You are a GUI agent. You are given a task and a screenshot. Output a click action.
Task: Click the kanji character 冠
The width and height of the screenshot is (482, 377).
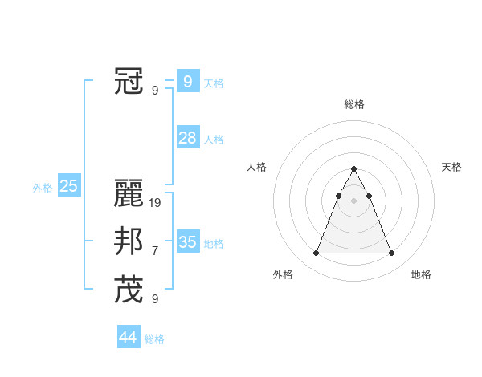(x=129, y=81)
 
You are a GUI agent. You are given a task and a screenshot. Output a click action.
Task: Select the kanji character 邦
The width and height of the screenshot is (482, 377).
(x=129, y=241)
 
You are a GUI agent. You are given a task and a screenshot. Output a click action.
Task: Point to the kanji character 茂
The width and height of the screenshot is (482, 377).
(x=129, y=290)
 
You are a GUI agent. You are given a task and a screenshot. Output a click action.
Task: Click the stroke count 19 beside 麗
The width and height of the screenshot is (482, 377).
(x=155, y=203)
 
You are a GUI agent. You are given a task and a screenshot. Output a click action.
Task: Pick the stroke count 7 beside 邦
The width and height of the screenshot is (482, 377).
(x=155, y=251)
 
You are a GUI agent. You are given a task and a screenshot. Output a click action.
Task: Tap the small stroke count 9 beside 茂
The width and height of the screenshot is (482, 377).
(x=155, y=299)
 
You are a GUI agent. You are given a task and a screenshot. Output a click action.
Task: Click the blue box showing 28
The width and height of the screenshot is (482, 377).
(x=187, y=138)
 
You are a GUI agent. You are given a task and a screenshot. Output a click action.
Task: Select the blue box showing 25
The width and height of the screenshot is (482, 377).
(x=68, y=187)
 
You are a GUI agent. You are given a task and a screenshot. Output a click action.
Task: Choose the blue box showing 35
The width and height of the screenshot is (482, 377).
(x=187, y=242)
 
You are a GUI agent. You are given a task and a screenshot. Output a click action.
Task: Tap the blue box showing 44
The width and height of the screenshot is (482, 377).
(x=128, y=338)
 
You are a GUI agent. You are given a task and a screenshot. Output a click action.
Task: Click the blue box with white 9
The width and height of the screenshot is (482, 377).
(x=187, y=81)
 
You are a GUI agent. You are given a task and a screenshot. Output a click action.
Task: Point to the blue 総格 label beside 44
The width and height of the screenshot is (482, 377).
(x=154, y=339)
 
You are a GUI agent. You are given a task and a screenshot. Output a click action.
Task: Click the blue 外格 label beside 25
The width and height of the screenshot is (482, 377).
(x=43, y=188)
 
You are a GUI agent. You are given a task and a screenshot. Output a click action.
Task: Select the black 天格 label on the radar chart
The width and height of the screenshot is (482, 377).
(x=451, y=167)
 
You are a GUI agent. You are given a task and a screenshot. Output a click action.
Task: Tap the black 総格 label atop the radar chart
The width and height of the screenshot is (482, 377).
(x=353, y=104)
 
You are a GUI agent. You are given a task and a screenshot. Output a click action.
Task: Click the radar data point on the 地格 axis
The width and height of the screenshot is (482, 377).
(x=391, y=253)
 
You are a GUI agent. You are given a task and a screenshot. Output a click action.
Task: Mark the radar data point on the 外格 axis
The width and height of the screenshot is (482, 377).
(x=316, y=253)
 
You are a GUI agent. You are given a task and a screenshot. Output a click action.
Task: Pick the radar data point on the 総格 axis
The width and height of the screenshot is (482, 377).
(x=353, y=169)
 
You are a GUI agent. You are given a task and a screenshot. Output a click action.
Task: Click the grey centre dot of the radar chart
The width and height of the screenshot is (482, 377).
(x=353, y=201)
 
